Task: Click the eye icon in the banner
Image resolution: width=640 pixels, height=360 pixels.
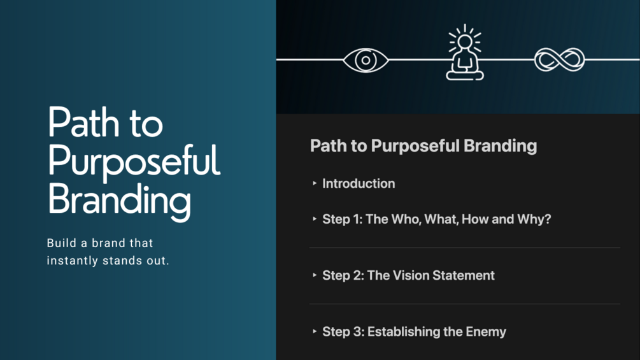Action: point(366,60)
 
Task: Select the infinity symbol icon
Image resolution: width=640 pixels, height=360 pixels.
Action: point(560,60)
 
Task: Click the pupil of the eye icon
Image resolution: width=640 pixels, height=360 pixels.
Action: point(366,61)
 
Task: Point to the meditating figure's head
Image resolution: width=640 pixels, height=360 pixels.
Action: point(465,41)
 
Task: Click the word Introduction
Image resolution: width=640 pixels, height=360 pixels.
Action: point(359,184)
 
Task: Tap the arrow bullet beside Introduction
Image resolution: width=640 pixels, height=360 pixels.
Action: point(315,184)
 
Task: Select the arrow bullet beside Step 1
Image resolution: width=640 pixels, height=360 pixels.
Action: point(315,219)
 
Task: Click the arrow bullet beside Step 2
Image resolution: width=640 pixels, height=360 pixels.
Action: point(315,275)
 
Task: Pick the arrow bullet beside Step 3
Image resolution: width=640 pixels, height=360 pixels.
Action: point(315,331)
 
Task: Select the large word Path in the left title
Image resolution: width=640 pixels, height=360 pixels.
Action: point(83,122)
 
